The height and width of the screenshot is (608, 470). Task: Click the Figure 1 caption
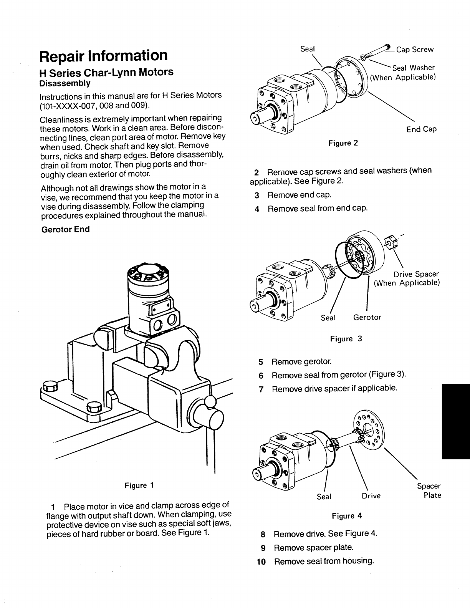139,485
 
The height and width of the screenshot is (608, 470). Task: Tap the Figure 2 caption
343,143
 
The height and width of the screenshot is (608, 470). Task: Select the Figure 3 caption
346,339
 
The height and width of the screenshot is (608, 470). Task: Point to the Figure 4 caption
347,516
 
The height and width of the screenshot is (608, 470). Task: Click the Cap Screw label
415,50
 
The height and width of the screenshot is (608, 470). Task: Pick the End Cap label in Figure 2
421,129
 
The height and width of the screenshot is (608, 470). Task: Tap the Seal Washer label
413,68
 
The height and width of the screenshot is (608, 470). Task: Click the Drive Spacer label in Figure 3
416,274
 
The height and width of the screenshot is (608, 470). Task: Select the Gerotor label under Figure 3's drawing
367,318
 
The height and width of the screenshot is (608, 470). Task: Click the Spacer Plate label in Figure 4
429,491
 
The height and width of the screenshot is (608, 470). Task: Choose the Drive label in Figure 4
371,496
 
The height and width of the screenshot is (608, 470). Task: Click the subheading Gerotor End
65,229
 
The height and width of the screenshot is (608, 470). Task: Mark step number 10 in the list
261,562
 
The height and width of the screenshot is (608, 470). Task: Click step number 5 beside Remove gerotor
261,362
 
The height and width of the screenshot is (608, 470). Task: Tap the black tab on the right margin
455,421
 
